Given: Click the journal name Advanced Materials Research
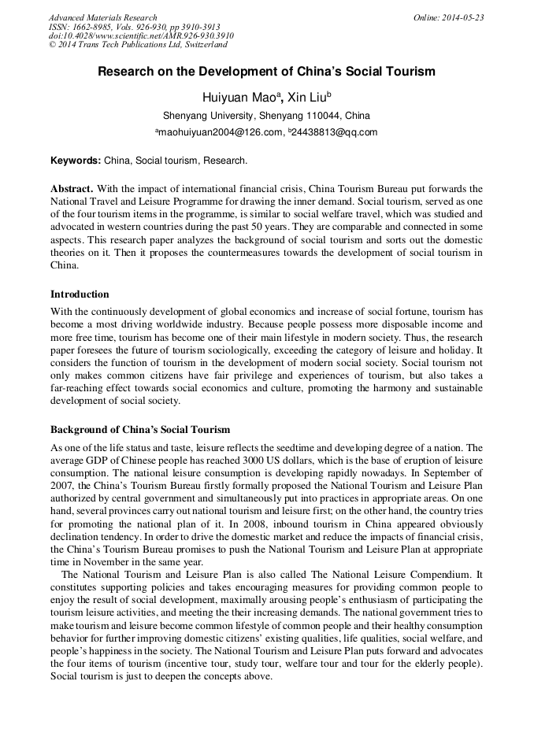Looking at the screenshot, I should (x=102, y=17).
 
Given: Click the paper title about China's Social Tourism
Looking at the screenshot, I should (x=266, y=72).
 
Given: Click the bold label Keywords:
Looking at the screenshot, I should (x=76, y=161).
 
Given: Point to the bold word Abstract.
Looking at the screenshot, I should (x=72, y=189).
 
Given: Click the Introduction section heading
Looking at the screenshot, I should (x=80, y=294).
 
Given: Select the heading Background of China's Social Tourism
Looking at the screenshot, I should (x=140, y=430).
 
